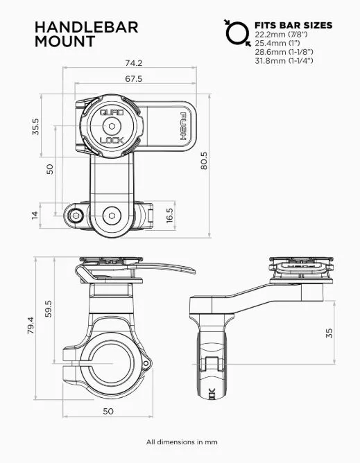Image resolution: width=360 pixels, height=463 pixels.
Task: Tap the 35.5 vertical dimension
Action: pos(35,129)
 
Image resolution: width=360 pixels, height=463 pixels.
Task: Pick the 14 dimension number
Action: pos(35,215)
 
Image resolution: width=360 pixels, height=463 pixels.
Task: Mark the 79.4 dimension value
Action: pos(29,326)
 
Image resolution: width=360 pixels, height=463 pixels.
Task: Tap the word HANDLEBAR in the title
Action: pos(87,27)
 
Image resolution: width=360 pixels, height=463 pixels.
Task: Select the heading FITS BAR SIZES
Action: pos(293,25)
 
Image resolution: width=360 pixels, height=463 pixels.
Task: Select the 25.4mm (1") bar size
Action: pos(277,43)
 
